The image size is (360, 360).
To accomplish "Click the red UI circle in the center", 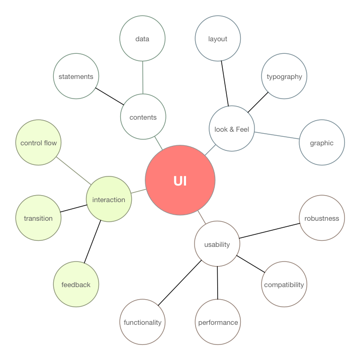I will (180, 181).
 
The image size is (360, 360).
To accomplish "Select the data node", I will (143, 39).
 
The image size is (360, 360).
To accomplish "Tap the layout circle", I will (218, 39).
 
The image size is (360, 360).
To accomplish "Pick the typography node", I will (284, 77).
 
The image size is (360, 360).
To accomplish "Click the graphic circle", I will (322, 143).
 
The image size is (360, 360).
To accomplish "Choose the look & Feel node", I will (232, 129).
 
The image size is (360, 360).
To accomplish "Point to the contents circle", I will (143, 117).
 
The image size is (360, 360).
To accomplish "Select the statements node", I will (76, 77).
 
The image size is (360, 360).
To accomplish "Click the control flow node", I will (39, 143).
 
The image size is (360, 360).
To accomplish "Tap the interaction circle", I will (109, 200).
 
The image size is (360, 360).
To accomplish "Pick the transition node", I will (39, 218).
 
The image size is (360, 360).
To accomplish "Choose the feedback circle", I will (76, 285).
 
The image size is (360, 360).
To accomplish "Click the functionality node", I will (143, 322).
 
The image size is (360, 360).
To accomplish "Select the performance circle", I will (218, 322).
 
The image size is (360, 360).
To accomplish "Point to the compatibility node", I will (284, 285).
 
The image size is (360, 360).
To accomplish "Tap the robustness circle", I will (322, 218).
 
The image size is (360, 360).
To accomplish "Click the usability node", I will (217, 244).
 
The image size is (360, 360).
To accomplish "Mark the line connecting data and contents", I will (143, 78).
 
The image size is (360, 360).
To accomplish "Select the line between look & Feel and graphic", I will (277, 136).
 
